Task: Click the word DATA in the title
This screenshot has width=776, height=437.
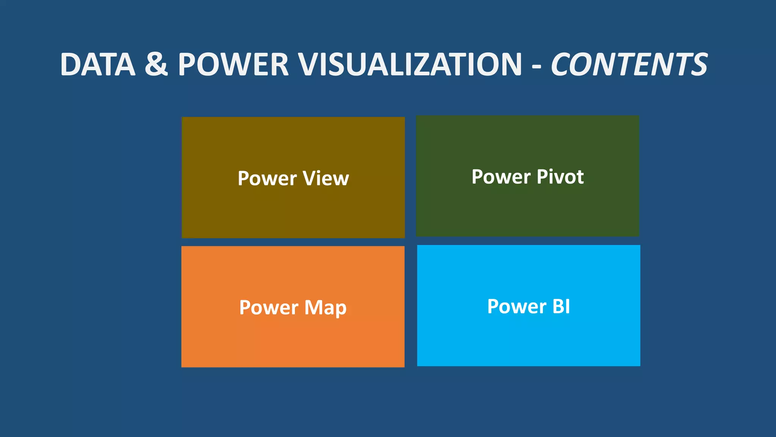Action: [x=98, y=64]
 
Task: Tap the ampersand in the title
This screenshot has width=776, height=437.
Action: [x=156, y=64]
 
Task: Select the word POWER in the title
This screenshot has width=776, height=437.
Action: [x=233, y=64]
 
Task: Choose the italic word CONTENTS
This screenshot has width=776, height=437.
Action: [x=629, y=64]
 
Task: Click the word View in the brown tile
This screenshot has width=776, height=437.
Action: [x=326, y=178]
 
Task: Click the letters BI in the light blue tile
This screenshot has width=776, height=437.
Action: [x=561, y=307]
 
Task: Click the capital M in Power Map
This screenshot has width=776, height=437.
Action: [x=313, y=307]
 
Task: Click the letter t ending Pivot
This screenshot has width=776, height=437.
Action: [x=579, y=177]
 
